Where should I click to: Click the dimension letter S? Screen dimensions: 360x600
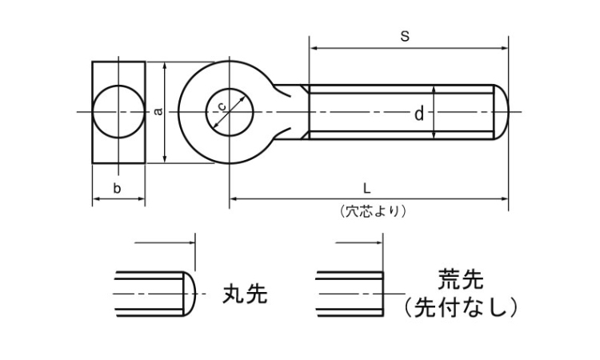(405, 35)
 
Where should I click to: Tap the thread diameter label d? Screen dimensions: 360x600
(418, 114)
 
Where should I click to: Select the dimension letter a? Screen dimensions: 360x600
(158, 111)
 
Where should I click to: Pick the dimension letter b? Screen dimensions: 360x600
(118, 188)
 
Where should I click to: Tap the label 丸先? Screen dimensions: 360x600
(244, 294)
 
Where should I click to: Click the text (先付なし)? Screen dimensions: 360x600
(462, 306)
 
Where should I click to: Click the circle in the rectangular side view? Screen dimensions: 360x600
(118, 112)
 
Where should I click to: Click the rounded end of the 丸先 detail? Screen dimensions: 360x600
(191, 294)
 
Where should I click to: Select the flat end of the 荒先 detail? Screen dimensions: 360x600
(382, 294)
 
